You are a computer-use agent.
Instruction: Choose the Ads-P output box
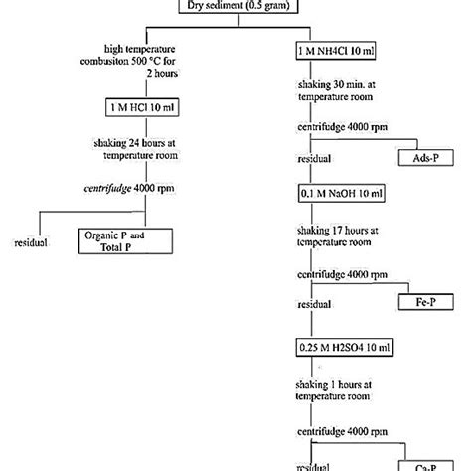point(425,158)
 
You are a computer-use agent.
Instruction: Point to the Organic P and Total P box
point(125,239)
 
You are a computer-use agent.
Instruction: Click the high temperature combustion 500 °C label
point(139,63)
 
